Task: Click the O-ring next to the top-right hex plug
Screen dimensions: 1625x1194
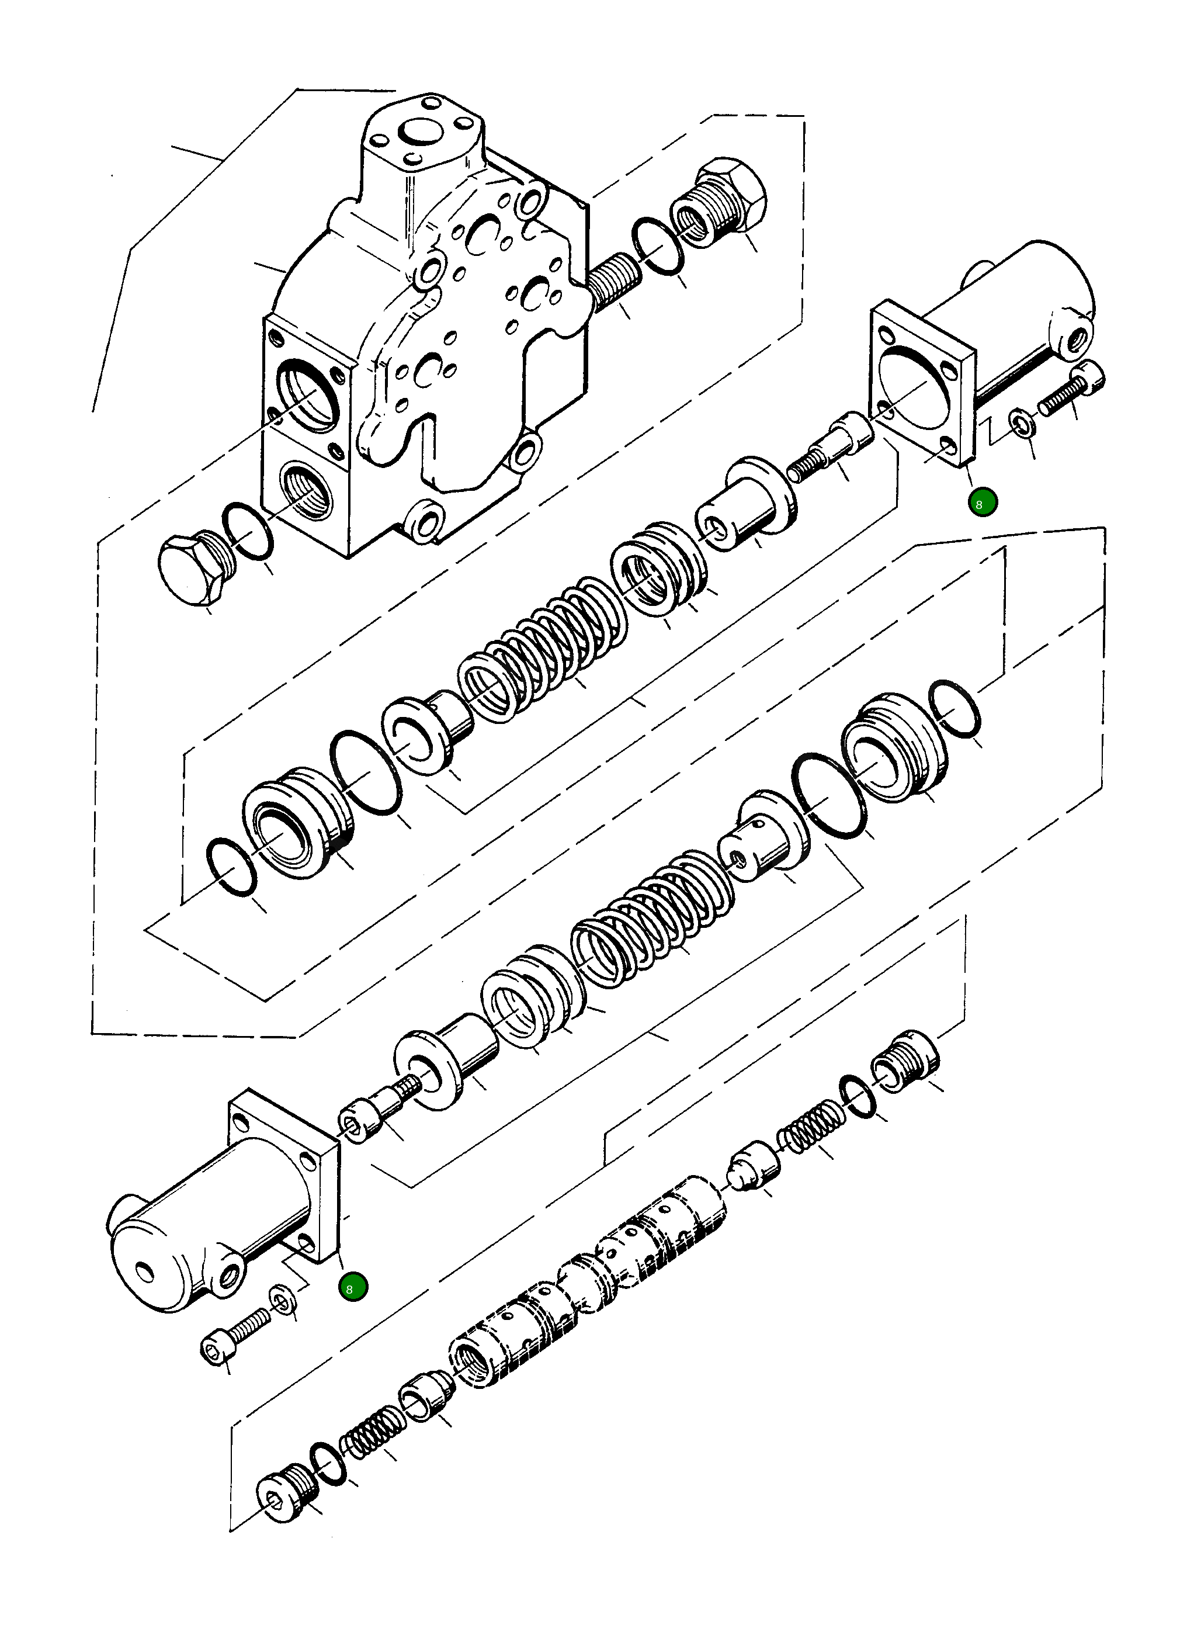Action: (x=658, y=247)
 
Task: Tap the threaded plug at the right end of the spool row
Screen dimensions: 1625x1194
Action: (x=904, y=1063)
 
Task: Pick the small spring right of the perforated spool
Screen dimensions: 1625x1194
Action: (x=810, y=1131)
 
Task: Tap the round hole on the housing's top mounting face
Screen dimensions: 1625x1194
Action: (x=418, y=132)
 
